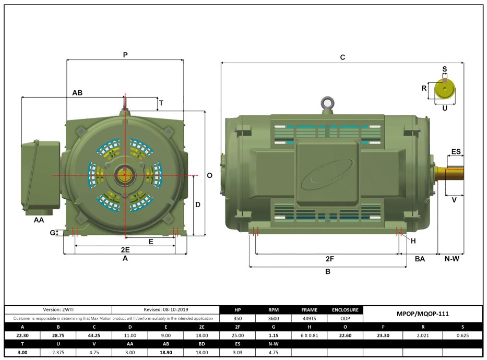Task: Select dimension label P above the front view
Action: point(125,54)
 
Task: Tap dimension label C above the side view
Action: point(342,57)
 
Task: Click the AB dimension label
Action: point(77,92)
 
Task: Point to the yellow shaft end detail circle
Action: point(445,89)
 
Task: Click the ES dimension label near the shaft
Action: point(456,152)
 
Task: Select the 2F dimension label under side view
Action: point(329,259)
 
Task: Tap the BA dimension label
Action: point(420,259)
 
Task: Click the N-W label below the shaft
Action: point(452,259)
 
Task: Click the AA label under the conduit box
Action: point(39,220)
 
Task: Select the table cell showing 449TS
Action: point(309,318)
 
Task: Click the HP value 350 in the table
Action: point(237,318)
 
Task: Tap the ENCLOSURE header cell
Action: point(345,310)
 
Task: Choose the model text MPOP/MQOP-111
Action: point(423,314)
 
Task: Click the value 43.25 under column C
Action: point(94,335)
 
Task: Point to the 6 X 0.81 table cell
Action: point(309,335)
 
